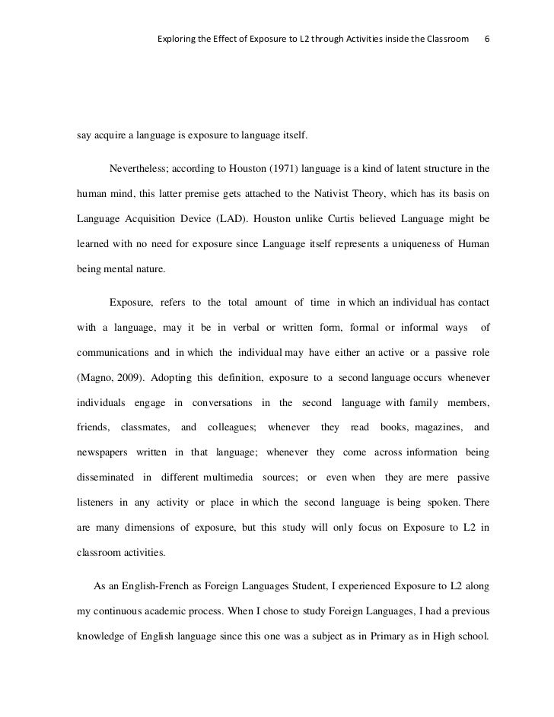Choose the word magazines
(x=432, y=427)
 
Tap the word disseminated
(x=104, y=481)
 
